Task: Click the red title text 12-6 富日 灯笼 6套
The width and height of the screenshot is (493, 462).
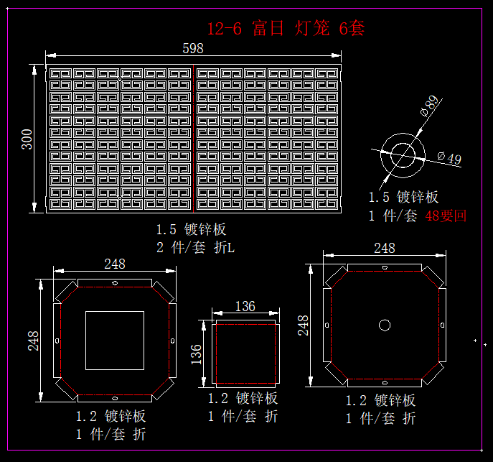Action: (x=286, y=29)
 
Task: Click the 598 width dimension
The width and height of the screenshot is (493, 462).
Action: (x=193, y=48)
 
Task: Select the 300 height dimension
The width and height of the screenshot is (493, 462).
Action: (x=27, y=139)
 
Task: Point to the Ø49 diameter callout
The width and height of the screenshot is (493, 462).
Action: (x=450, y=159)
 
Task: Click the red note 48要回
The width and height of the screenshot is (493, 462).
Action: (x=446, y=216)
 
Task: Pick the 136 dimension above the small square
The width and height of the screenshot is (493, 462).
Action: (x=245, y=307)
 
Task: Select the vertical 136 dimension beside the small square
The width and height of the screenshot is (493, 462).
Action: (x=196, y=354)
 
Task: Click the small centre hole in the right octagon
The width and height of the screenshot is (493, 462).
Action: (x=385, y=325)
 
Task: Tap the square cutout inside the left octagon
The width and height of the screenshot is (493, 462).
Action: (x=115, y=340)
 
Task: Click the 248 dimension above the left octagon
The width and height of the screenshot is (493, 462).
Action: (x=115, y=264)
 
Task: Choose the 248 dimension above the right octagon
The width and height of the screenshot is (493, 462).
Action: (x=385, y=248)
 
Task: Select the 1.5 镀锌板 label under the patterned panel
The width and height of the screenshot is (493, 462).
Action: (x=192, y=230)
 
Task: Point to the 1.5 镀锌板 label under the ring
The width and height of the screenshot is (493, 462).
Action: (x=403, y=198)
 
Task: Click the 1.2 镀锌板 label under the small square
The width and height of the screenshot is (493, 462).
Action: (x=243, y=399)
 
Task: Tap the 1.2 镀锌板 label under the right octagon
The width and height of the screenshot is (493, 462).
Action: (x=380, y=401)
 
